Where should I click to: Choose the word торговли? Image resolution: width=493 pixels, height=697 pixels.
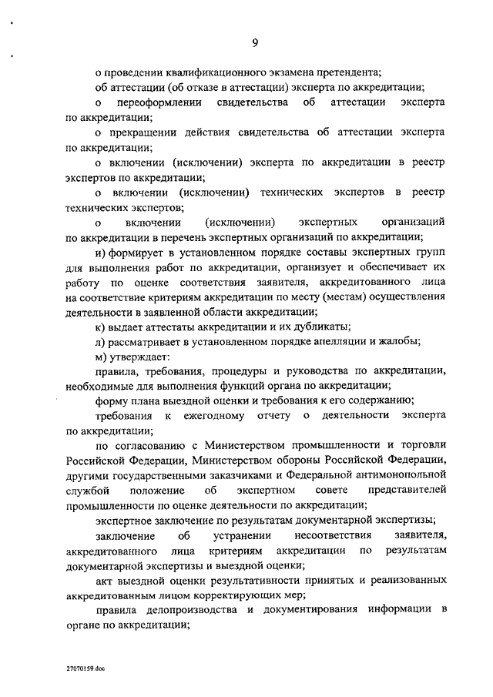(423, 447)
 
